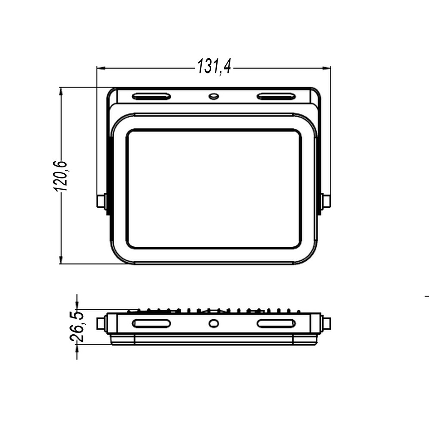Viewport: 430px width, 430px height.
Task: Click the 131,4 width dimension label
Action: [214, 67]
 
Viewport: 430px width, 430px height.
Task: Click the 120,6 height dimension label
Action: [60, 176]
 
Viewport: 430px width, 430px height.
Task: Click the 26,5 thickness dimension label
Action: [76, 326]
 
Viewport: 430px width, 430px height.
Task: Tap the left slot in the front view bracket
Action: [151, 97]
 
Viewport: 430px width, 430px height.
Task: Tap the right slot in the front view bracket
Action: [276, 97]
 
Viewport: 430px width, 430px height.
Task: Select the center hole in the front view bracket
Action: [214, 96]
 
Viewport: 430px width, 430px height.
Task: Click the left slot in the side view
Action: [151, 324]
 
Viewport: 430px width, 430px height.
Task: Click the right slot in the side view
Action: [276, 324]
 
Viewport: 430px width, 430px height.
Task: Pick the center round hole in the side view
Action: [214, 324]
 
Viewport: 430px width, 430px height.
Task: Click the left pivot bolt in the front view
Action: [101, 201]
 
